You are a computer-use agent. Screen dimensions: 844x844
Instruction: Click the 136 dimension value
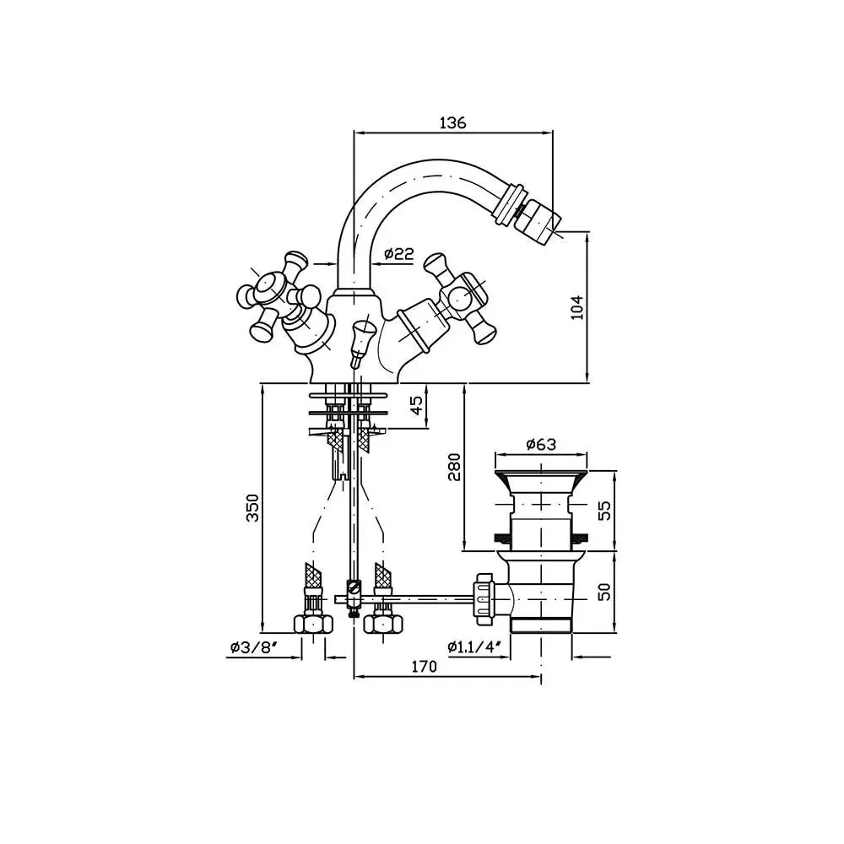[452, 122]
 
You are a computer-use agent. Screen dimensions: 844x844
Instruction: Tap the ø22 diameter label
[399, 253]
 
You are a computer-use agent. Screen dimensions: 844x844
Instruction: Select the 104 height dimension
[577, 307]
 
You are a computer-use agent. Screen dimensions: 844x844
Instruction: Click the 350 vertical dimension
[252, 507]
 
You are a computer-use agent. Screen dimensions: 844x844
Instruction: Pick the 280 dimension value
[454, 467]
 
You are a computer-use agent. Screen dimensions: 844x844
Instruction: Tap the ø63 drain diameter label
[541, 445]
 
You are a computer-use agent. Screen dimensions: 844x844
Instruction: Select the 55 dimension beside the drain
[605, 511]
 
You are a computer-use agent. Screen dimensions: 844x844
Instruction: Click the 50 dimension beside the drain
[605, 592]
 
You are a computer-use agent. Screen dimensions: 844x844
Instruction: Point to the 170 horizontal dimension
[425, 667]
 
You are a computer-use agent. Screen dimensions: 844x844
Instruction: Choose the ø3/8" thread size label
[253, 647]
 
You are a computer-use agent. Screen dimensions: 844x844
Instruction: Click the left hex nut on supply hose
[313, 625]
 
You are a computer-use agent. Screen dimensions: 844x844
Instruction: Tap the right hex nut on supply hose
[383, 625]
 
